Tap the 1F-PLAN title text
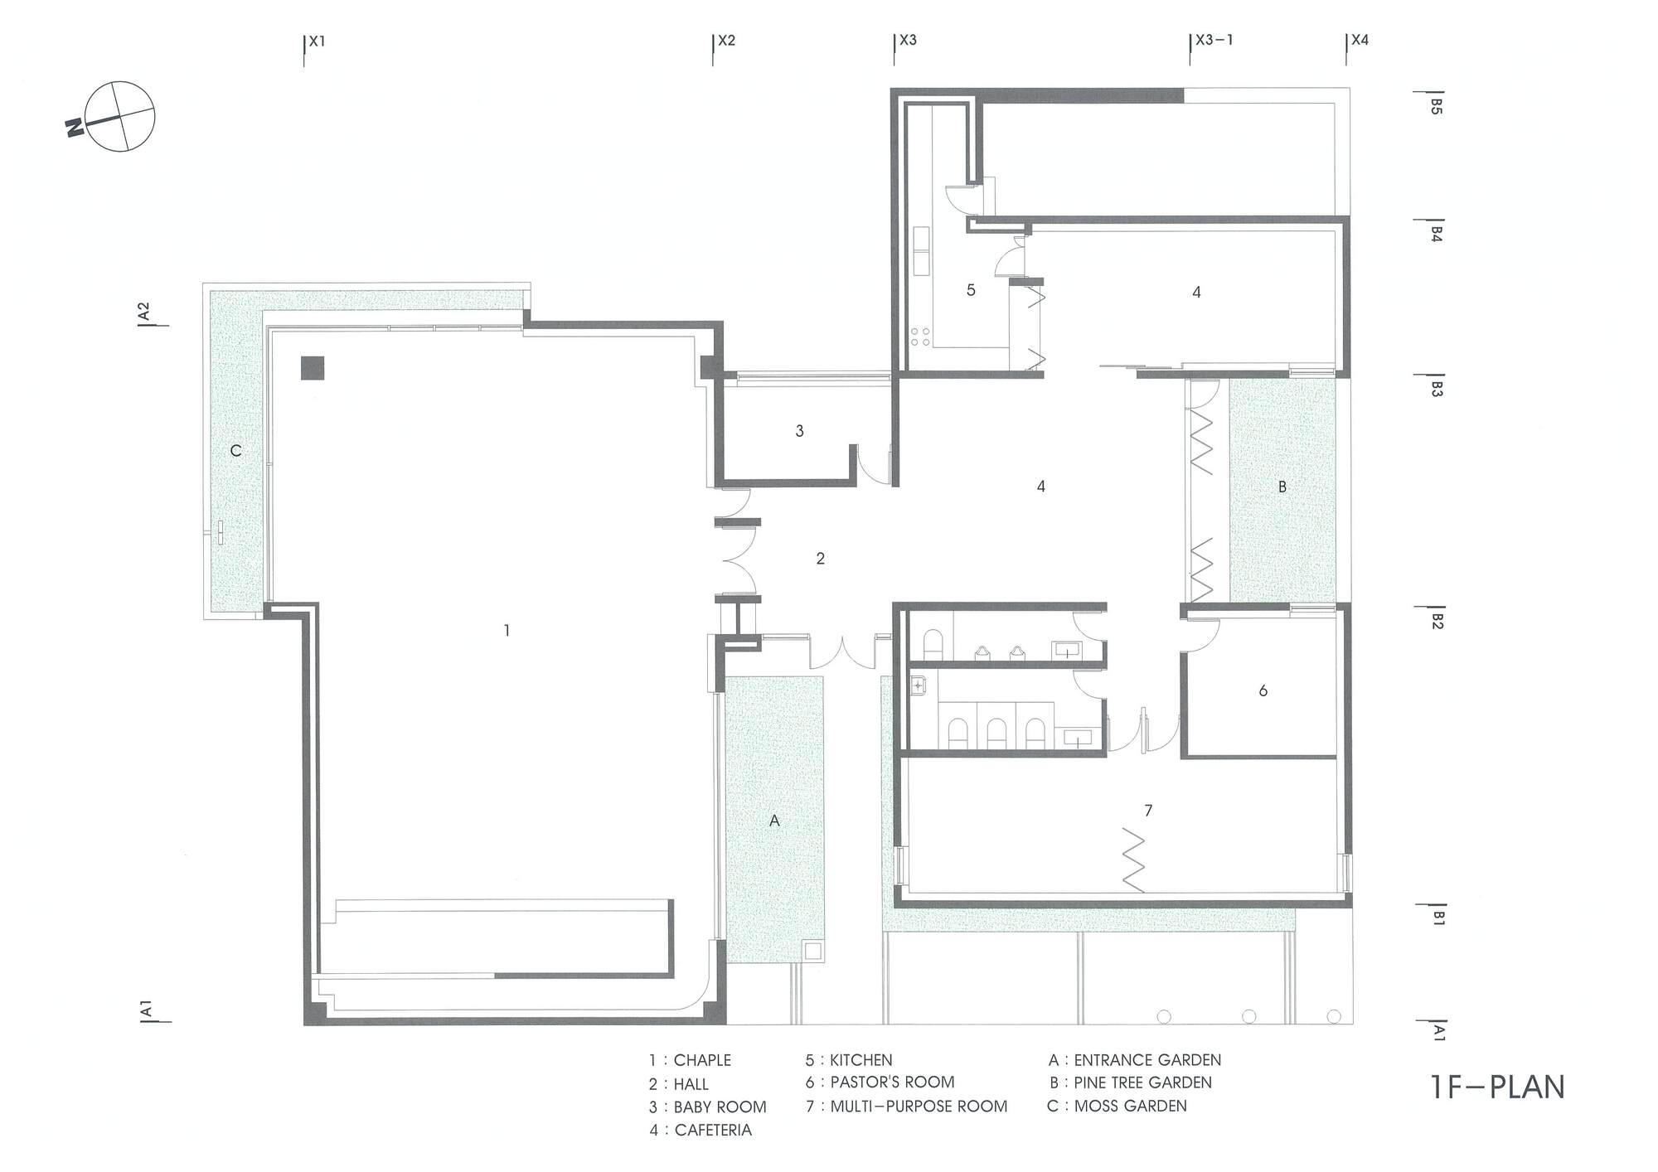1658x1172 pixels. point(1498,1087)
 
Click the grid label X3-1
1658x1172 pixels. point(1214,40)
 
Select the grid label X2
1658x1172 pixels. point(726,40)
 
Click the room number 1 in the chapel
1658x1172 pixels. point(507,631)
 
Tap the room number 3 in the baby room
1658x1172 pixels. point(799,431)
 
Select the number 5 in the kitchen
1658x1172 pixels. point(971,290)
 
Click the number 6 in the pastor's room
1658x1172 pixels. point(1263,690)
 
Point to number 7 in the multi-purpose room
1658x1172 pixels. point(1148,811)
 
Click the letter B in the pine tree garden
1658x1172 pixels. point(1282,487)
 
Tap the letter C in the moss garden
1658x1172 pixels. point(235,451)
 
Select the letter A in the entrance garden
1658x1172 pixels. point(774,821)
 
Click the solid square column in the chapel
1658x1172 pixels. point(313,368)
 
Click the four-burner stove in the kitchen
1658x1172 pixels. point(920,337)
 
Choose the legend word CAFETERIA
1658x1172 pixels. point(713,1131)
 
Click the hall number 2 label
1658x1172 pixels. point(820,559)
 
